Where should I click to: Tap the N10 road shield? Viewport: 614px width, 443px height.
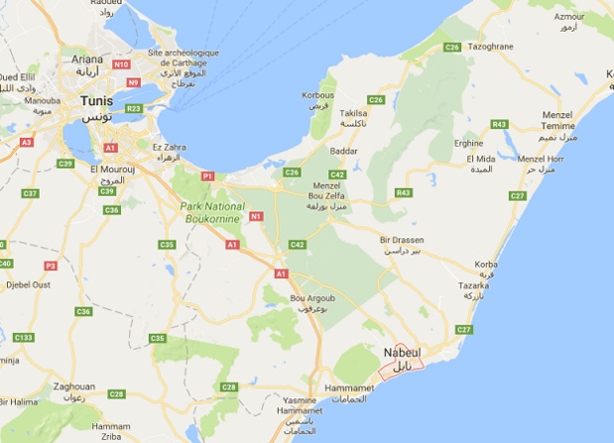point(121,64)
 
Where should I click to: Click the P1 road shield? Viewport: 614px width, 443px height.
point(207,174)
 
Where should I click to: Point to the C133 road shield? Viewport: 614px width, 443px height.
point(23,338)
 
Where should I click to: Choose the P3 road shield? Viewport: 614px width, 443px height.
point(51,266)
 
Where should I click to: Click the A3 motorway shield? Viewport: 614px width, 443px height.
point(27,142)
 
